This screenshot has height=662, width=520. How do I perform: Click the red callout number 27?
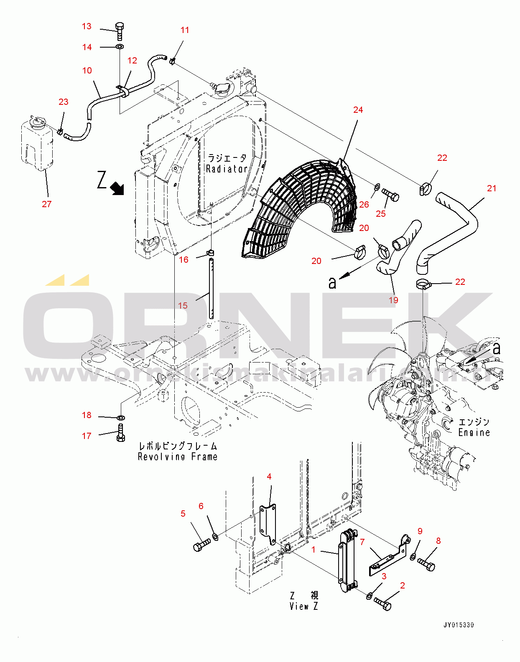pyautogui.click(x=46, y=204)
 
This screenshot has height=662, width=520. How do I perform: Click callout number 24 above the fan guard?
pyautogui.click(x=358, y=110)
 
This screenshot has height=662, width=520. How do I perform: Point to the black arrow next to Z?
pyautogui.click(x=117, y=188)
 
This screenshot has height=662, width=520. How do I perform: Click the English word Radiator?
pyautogui.click(x=227, y=169)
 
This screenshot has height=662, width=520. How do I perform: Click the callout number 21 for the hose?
pyautogui.click(x=492, y=188)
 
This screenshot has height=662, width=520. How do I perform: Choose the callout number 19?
pyautogui.click(x=393, y=300)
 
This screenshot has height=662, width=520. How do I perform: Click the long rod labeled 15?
pyautogui.click(x=211, y=288)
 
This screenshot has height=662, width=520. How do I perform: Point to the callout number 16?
pyautogui.click(x=184, y=260)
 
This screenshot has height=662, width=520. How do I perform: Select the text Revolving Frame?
pyautogui.click(x=178, y=457)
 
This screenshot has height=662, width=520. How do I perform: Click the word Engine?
pyautogui.click(x=474, y=432)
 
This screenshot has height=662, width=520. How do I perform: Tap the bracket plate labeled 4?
pyautogui.click(x=268, y=524)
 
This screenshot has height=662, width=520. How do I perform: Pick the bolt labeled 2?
pyautogui.click(x=382, y=603)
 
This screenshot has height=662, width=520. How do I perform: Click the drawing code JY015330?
pyautogui.click(x=459, y=625)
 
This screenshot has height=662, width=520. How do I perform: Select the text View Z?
pyautogui.click(x=303, y=606)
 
